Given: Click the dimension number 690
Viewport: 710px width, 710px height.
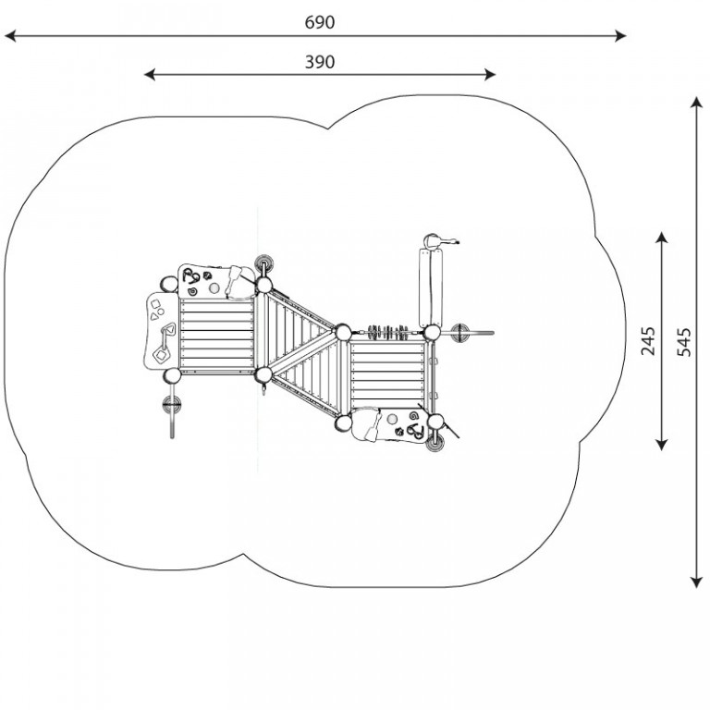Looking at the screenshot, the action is pos(320,22).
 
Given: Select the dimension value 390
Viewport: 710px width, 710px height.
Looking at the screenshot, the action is pos(320,62).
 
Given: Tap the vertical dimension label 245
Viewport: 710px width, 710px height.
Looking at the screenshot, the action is pos(648,341).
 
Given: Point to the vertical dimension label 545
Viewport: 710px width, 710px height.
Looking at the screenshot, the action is pos(684,342).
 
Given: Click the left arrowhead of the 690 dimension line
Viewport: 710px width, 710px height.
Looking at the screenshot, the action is pos(10,36).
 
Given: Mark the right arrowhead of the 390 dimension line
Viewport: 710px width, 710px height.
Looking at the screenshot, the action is pos(490,75).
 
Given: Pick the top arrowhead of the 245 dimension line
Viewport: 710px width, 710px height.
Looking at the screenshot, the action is pos(662,238).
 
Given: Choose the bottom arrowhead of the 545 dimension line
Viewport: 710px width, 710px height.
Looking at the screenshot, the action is pos(696,582).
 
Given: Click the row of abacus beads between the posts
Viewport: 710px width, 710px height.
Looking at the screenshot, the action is pos(388,333).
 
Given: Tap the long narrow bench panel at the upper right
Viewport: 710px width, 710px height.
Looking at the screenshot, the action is pos(431,288).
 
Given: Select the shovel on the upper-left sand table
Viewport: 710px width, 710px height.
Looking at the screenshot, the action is pos(233,279).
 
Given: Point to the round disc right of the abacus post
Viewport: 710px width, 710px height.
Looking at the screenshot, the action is pos(461,333).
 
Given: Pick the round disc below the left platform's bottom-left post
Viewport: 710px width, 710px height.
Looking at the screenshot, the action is pos(172,404).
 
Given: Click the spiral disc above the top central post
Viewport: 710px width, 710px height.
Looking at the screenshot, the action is pos(263,263).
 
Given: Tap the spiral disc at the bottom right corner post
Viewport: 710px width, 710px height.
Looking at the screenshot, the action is pos(435,443).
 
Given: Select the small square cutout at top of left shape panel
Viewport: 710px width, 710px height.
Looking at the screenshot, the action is pos(155,304).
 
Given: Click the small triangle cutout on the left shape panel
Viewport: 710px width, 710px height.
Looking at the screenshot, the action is pos(154,316).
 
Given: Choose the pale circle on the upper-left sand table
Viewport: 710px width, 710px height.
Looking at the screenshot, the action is pos(214,288).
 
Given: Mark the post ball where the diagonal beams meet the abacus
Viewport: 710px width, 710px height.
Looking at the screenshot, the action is pos(343,333).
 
